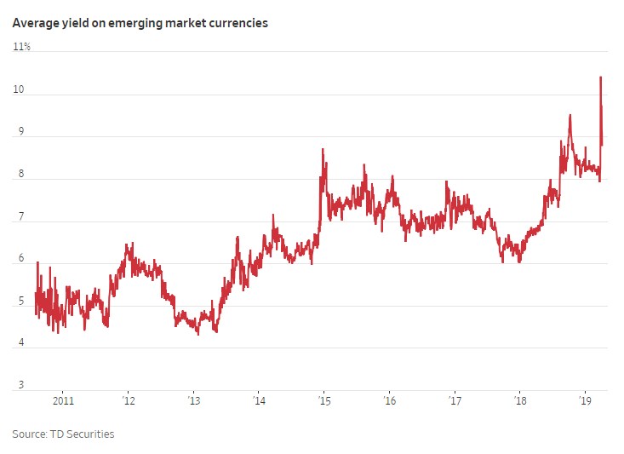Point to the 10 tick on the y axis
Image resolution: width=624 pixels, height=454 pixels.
click(x=20, y=89)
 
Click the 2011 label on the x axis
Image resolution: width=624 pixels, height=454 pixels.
click(x=63, y=399)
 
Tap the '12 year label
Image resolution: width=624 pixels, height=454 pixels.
click(x=128, y=399)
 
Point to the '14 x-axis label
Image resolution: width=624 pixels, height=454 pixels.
click(x=259, y=399)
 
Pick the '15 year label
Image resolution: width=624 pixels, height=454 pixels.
click(x=323, y=399)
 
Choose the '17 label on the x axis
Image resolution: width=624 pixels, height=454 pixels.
click(x=455, y=399)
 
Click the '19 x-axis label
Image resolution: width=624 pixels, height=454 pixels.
click(x=585, y=399)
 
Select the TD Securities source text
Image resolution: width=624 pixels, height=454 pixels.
click(x=83, y=434)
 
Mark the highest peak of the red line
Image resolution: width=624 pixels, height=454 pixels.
click(x=600, y=78)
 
